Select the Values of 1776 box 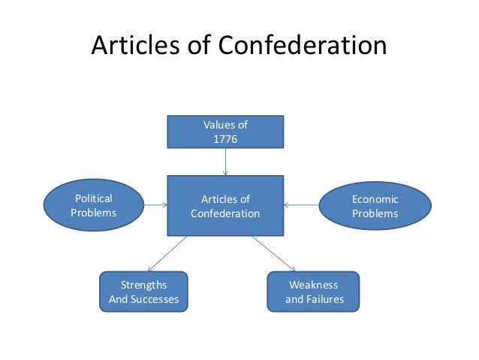click(x=225, y=132)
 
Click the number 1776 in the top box click(x=225, y=140)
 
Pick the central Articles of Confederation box click(x=225, y=206)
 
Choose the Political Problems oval click(x=94, y=206)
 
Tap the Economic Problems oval click(x=375, y=206)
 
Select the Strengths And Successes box click(x=143, y=292)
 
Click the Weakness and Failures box click(x=314, y=292)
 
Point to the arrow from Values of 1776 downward click(x=225, y=161)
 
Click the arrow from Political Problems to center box click(x=156, y=204)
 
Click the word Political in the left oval click(x=94, y=198)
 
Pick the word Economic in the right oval click(x=375, y=199)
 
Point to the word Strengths click(x=143, y=285)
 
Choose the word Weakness click(x=314, y=285)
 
